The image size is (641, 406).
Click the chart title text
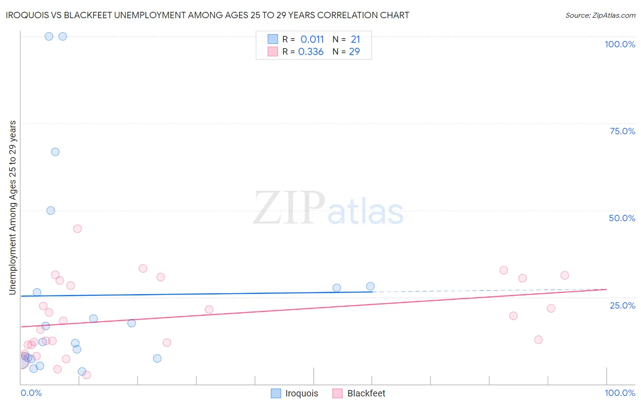point(208,15)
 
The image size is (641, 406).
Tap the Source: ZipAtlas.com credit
point(600,15)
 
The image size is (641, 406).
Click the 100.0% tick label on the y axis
point(620,44)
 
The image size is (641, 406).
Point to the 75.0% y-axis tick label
point(622,131)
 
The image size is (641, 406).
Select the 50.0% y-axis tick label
point(622,218)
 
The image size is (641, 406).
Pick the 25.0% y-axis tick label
point(622,305)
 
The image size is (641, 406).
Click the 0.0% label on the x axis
point(31,393)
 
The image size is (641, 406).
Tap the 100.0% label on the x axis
point(620,393)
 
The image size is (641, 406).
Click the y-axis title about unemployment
point(12,208)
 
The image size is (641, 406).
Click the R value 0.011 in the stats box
point(312,39)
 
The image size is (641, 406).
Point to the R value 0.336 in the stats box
point(311,51)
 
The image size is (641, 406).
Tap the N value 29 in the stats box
point(354,51)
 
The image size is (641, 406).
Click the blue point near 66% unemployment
point(55,152)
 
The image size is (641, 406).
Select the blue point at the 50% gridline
point(51,210)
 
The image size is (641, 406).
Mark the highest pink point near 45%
point(78,228)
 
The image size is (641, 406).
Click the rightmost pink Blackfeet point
point(564,275)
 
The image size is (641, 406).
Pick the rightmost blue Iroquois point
point(370,286)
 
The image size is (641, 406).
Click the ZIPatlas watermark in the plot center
point(328,208)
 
